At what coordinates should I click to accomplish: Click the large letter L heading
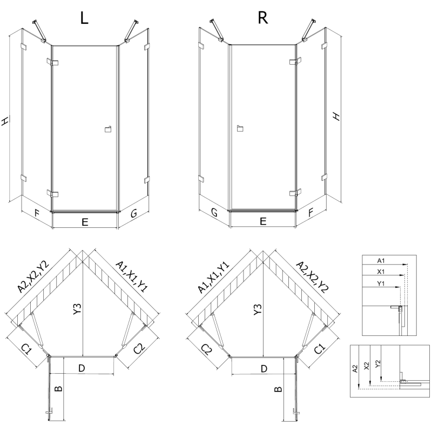click(x=84, y=18)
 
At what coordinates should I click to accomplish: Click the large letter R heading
click(x=263, y=18)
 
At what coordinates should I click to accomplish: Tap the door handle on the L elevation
click(x=107, y=129)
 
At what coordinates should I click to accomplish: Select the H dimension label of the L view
click(x=5, y=122)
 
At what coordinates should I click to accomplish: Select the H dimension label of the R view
click(x=336, y=116)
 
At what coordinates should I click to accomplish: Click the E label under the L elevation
click(x=85, y=221)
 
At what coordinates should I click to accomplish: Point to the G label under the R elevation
click(x=214, y=214)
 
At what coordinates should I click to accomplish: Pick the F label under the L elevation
click(x=37, y=213)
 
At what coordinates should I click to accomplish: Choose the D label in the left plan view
click(x=82, y=368)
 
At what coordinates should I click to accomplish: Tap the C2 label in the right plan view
click(x=206, y=350)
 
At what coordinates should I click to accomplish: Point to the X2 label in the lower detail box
click(x=367, y=366)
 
